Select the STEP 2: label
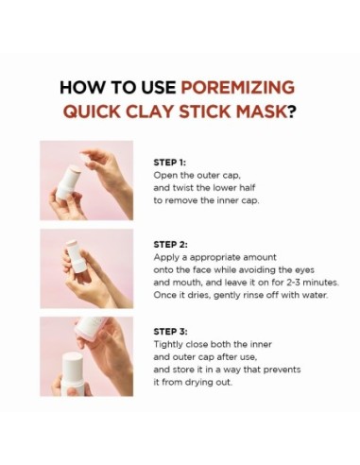[x=171, y=243]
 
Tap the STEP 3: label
[x=171, y=333]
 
